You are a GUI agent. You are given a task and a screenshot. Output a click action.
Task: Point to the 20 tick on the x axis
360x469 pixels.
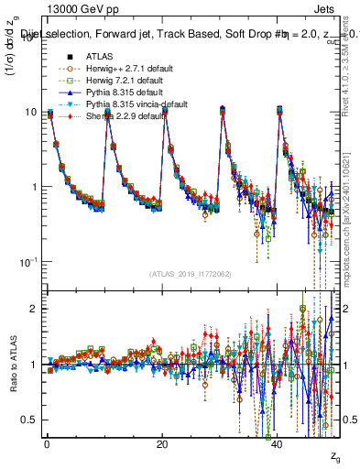(x=162, y=445)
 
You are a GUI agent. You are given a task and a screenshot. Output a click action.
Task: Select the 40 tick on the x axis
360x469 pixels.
(x=278, y=445)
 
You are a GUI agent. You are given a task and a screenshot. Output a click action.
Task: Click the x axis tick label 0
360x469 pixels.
(x=47, y=445)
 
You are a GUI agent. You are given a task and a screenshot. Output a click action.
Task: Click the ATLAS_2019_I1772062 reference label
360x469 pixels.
(x=190, y=273)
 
